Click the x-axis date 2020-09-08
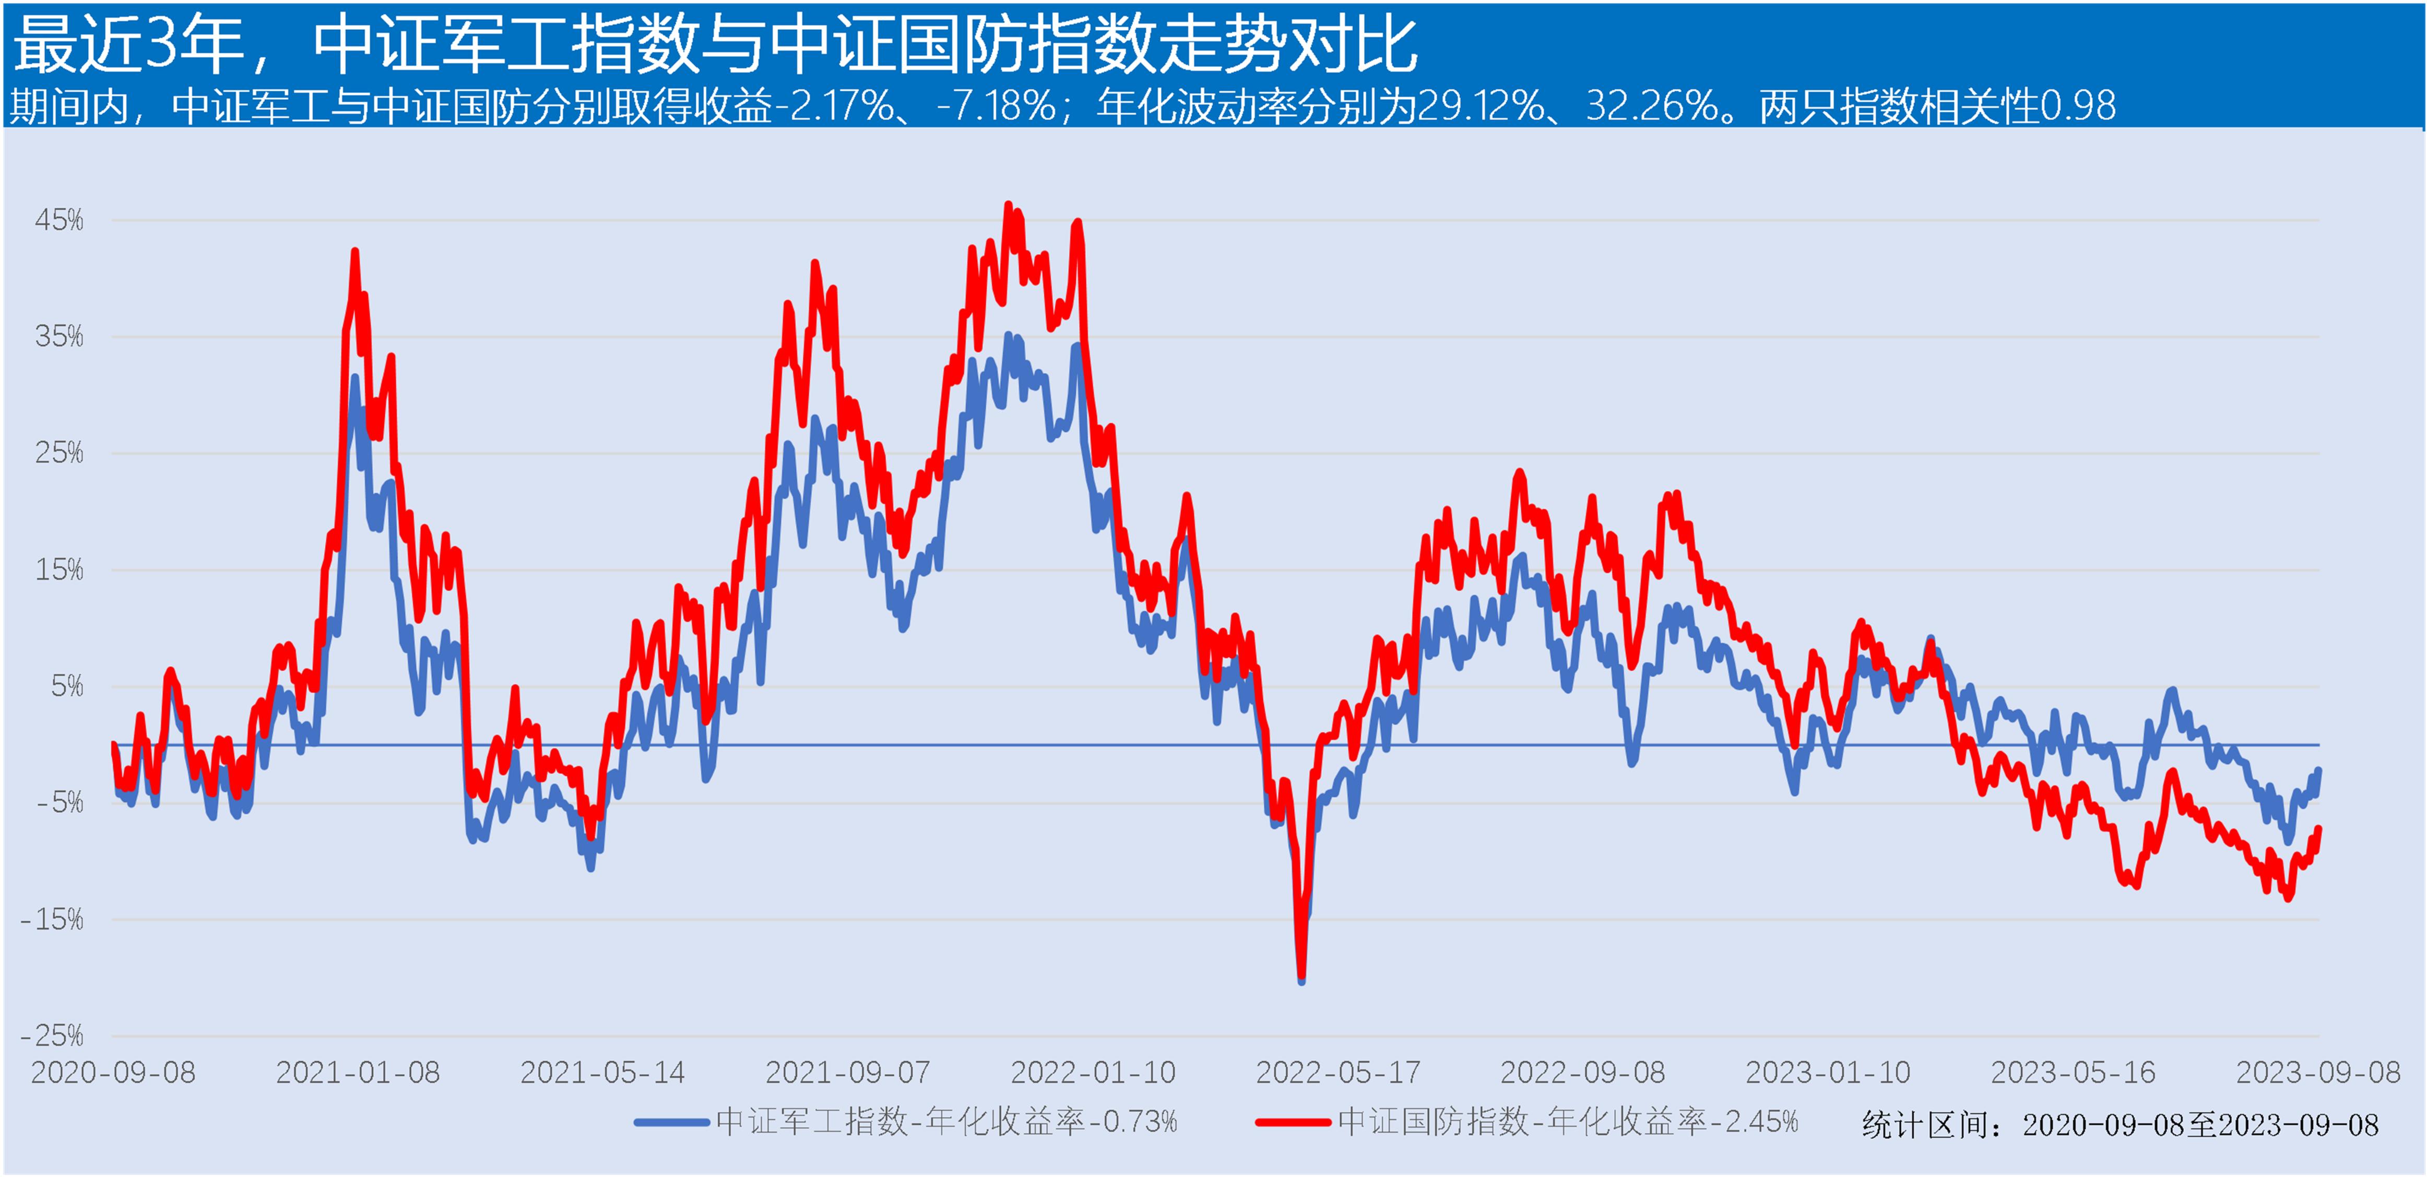(113, 1073)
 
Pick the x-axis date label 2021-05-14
(603, 1073)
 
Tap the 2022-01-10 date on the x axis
(1093, 1073)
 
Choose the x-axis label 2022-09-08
(1583, 1073)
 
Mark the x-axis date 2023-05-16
(2073, 1073)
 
